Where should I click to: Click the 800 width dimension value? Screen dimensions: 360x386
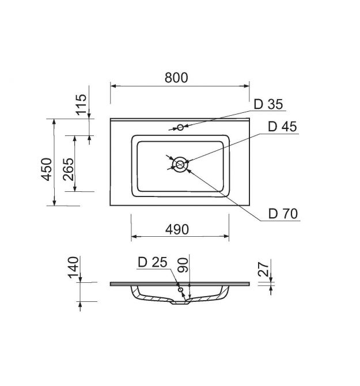coord(176,78)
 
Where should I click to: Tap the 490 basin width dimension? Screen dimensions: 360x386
coord(177,229)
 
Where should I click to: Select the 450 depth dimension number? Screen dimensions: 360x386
coord(47,169)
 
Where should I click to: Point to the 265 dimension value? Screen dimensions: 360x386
coord(69,169)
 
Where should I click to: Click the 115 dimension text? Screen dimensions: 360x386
coord(81,105)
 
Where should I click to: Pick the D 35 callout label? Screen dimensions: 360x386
coord(268,104)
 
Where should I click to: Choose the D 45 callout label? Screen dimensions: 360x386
coord(282,127)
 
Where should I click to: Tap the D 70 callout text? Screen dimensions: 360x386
coord(283,214)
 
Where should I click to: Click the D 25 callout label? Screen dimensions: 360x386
coord(153,262)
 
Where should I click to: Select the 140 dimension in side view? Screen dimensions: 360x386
coord(73,267)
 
